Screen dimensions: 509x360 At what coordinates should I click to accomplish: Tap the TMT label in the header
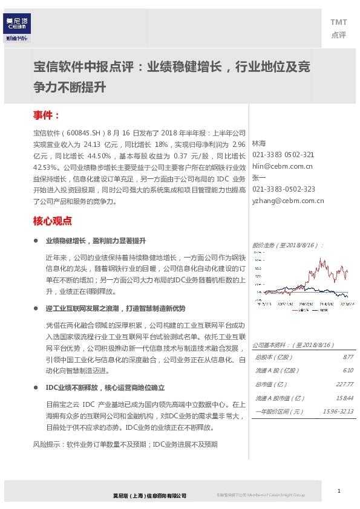coord(338,22)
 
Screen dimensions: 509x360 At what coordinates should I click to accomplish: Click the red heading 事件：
coord(47,115)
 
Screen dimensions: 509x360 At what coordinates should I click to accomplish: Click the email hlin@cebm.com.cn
coord(282,166)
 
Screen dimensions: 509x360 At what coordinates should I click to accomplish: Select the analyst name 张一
coord(258,177)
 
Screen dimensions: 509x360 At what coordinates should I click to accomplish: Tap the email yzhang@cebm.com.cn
coord(287,200)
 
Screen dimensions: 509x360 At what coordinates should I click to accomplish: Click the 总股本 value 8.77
coord(347,357)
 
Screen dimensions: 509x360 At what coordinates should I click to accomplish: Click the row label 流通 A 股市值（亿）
coord(280,398)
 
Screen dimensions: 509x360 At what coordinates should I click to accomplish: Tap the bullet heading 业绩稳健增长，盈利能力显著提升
coord(96,240)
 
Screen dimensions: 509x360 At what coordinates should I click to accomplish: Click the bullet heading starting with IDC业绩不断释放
coord(105,387)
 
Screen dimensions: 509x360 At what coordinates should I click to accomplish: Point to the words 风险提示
coord(45,444)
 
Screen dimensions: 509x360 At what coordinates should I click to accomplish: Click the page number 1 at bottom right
coord(339,490)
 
